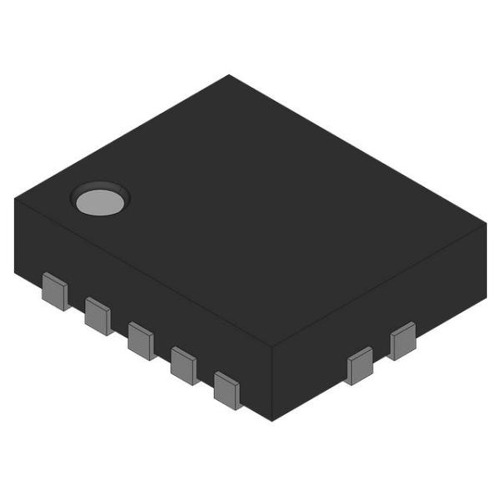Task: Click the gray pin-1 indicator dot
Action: click(98, 202)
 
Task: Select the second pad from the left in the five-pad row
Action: click(99, 316)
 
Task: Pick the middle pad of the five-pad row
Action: click(141, 340)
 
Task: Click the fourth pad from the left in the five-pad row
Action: click(184, 365)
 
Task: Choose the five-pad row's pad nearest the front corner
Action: click(227, 390)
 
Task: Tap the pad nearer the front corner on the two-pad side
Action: click(360, 366)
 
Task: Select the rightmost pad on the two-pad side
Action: click(402, 340)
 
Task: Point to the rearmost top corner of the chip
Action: click(230, 75)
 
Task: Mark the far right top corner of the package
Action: click(487, 225)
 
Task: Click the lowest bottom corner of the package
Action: click(273, 420)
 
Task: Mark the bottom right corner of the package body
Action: click(486, 297)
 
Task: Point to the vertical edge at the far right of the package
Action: click(486, 261)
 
